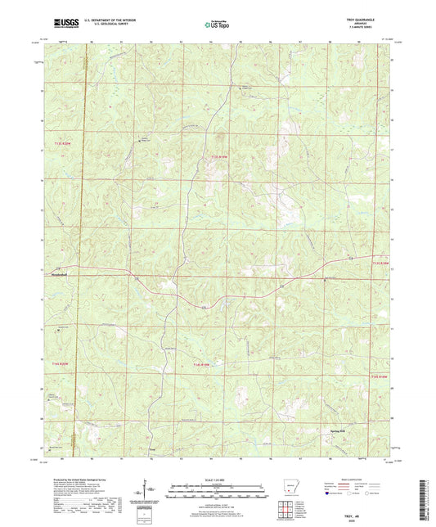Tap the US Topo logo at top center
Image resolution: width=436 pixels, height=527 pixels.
click(217, 25)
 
